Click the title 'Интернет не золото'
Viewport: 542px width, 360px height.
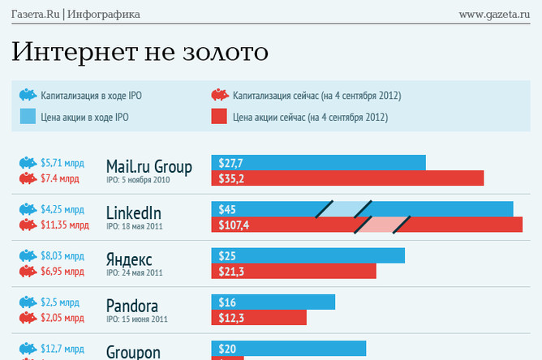[140, 52]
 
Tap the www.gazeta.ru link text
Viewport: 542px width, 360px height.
[494, 14]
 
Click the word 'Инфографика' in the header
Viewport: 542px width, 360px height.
[103, 14]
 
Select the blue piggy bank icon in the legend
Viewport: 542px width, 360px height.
[28, 96]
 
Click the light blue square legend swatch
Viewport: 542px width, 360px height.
[28, 117]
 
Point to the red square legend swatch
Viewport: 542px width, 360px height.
[219, 117]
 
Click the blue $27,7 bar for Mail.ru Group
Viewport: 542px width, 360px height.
[318, 163]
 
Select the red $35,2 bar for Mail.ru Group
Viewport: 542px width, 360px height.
[347, 178]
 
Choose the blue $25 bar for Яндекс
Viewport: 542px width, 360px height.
[308, 255]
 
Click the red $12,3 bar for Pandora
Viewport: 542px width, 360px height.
[259, 317]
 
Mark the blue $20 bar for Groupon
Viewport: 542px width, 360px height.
[288, 349]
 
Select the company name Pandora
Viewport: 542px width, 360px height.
[132, 306]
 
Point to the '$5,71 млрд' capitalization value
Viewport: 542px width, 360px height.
[61, 162]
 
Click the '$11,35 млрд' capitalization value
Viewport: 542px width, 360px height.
[64, 225]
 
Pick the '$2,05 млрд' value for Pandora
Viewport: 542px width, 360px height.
[61, 317]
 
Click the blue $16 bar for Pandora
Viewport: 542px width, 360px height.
[273, 302]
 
